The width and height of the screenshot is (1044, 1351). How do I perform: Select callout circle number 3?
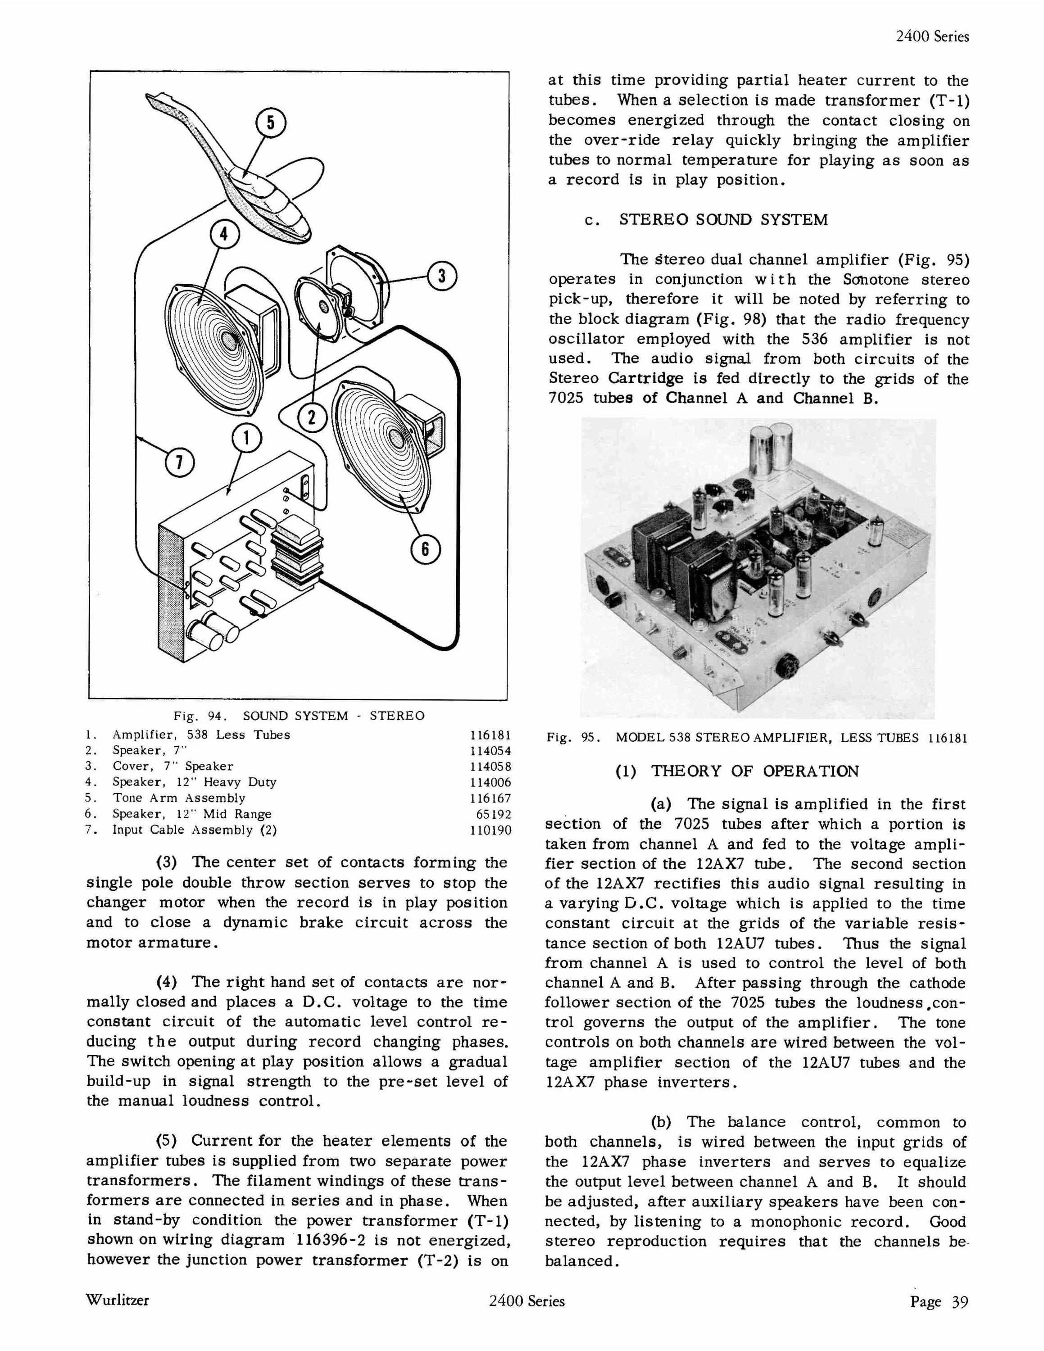(441, 277)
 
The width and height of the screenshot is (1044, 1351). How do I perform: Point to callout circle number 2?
(312, 419)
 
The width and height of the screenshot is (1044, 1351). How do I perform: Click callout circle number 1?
(247, 439)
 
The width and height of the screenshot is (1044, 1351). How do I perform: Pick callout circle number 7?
(179, 463)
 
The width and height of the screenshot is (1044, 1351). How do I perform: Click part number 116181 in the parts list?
(490, 735)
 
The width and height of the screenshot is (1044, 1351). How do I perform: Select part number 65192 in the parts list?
(494, 815)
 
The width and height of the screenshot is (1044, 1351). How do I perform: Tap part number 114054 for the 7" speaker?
(490, 751)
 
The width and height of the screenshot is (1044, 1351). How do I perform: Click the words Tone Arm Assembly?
(179, 798)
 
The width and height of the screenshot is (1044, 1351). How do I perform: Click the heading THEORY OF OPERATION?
(754, 771)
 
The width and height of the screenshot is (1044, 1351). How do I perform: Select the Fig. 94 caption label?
(200, 716)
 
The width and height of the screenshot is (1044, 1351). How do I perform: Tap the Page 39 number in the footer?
(939, 1301)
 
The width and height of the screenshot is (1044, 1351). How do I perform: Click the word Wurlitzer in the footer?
(118, 1300)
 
